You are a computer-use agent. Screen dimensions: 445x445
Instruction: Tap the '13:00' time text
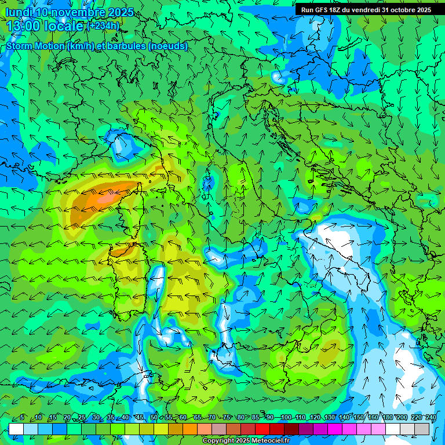click(x=21, y=26)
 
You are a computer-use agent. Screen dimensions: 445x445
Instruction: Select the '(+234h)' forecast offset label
click(x=103, y=25)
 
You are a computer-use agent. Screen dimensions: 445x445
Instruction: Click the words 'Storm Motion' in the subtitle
click(x=35, y=46)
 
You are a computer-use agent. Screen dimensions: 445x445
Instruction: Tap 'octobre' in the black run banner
click(x=400, y=10)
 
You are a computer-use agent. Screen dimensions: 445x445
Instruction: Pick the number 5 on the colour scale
click(x=22, y=418)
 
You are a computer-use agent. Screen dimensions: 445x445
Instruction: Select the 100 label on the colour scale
click(x=286, y=418)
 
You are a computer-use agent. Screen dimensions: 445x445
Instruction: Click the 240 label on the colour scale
click(x=431, y=418)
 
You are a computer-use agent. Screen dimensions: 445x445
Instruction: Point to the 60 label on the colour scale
click(x=183, y=418)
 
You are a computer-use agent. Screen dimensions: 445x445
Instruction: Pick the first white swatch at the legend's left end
click(x=16, y=429)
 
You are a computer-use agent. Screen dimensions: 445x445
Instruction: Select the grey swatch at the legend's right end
click(x=422, y=429)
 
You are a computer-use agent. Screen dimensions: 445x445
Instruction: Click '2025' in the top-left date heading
click(x=121, y=12)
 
